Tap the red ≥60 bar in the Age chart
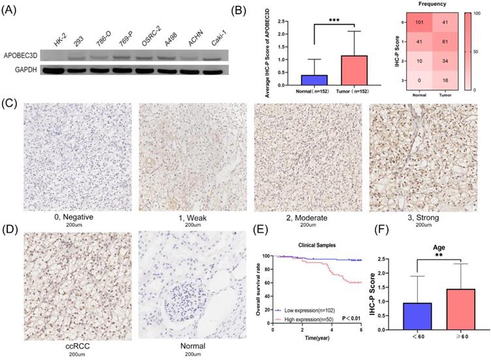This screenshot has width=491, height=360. [457, 312]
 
